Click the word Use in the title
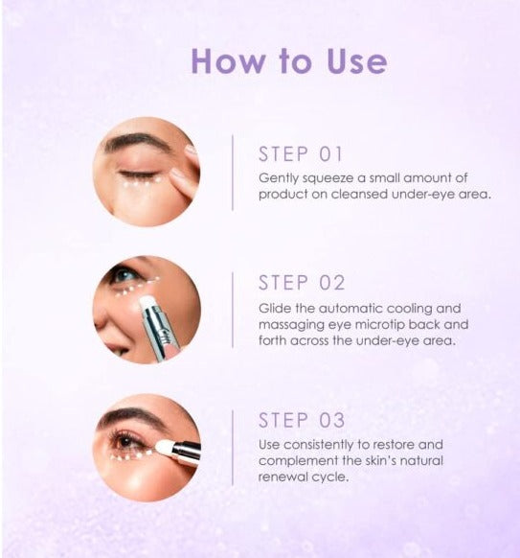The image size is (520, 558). click(356, 61)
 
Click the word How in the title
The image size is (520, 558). click(228, 61)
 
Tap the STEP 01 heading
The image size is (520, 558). click(301, 154)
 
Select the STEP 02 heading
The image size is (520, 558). click(302, 283)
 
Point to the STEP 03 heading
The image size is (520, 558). click(302, 420)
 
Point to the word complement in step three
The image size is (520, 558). click(298, 461)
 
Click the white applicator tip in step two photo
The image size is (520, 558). click(147, 303)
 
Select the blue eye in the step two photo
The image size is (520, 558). click(124, 275)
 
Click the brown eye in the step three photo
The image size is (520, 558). click(125, 442)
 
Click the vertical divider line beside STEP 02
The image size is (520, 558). click(233, 310)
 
